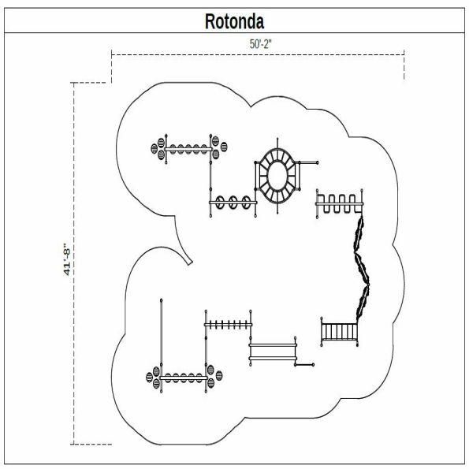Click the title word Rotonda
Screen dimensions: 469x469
(x=234, y=20)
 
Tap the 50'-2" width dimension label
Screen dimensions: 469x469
(x=260, y=46)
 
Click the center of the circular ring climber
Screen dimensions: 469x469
(x=277, y=177)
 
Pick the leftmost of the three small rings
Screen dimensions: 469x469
(x=222, y=203)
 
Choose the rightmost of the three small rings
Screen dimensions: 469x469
(x=248, y=203)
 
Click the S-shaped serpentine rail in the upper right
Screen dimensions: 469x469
(x=339, y=203)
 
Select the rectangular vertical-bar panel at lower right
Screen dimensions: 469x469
(x=341, y=331)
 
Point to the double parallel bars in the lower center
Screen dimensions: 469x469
(x=273, y=350)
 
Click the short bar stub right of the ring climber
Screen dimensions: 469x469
(x=310, y=164)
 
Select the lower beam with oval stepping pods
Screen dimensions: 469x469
(x=184, y=377)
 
